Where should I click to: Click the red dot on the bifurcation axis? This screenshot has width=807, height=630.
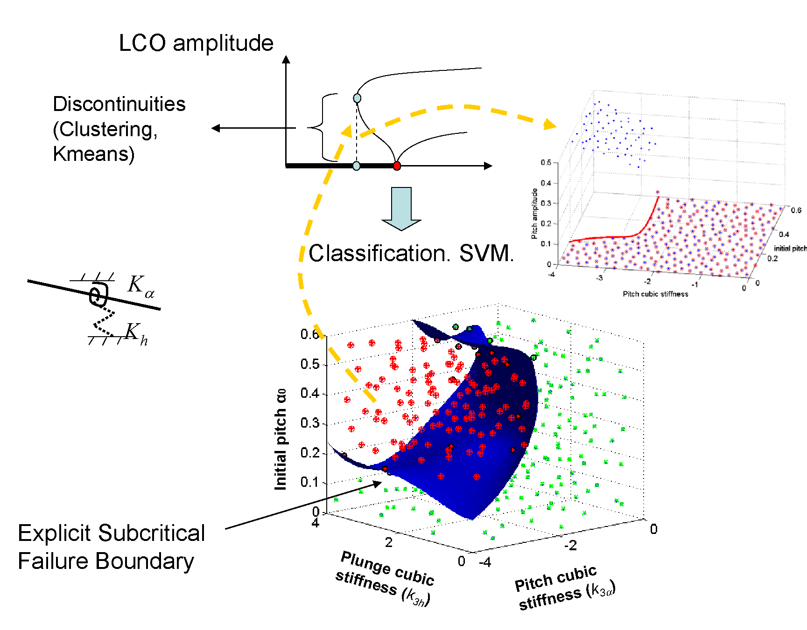(397, 166)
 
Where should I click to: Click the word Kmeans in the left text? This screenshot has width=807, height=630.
(94, 154)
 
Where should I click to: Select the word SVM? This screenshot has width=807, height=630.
(486, 254)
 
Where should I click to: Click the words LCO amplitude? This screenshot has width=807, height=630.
(196, 43)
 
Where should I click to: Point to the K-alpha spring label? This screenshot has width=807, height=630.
(140, 285)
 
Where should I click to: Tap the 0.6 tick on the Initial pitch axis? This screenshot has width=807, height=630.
(309, 334)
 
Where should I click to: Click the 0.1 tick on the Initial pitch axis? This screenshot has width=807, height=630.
(309, 482)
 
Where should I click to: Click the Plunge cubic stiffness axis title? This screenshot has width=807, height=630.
(385, 579)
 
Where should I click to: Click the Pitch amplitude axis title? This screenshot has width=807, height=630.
(534, 214)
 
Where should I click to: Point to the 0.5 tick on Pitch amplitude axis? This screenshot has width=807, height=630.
(546, 162)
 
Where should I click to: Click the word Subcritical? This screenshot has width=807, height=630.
(151, 533)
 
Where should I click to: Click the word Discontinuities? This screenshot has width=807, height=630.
(119, 104)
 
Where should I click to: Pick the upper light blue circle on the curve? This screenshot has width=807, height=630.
(357, 98)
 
